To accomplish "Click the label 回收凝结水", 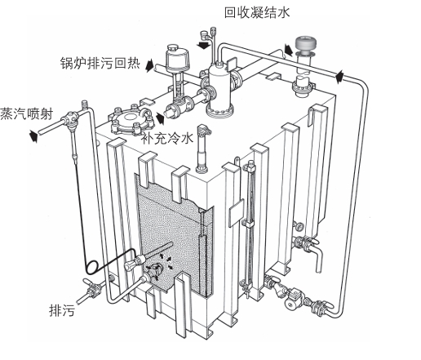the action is (x=257, y=13).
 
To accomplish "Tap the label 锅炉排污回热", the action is (x=100, y=64).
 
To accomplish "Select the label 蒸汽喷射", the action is (x=26, y=113).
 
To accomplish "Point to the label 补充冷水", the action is (x=167, y=138).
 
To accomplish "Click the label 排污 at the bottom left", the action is (x=62, y=310).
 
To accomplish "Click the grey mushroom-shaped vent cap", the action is (x=306, y=44).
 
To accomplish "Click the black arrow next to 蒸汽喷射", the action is (x=33, y=136).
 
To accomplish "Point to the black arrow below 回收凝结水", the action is (x=203, y=45).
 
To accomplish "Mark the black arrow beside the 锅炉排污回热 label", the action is (x=149, y=65).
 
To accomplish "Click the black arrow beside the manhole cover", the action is (x=160, y=118).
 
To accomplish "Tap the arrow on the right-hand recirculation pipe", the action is (x=339, y=77).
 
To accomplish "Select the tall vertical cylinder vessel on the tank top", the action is (x=220, y=88).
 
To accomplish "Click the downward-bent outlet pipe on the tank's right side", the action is (x=317, y=257).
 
